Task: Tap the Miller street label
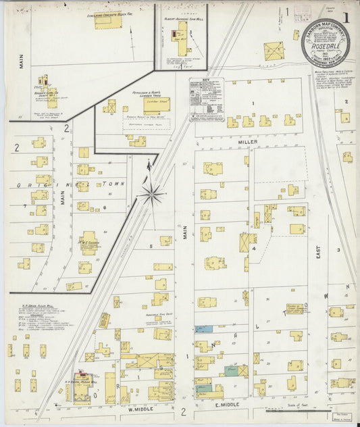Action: pyautogui.click(x=248, y=143)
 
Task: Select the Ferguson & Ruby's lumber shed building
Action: pyautogui.click(x=156, y=106)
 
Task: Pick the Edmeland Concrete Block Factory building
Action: pyautogui.click(x=108, y=22)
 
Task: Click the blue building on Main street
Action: pyautogui.click(x=203, y=329)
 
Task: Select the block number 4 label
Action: pyautogui.click(x=254, y=249)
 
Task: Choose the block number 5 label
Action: pyautogui.click(x=151, y=247)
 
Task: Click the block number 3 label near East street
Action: pyautogui.click(x=338, y=249)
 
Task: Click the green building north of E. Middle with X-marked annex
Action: pyautogui.click(x=232, y=371)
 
